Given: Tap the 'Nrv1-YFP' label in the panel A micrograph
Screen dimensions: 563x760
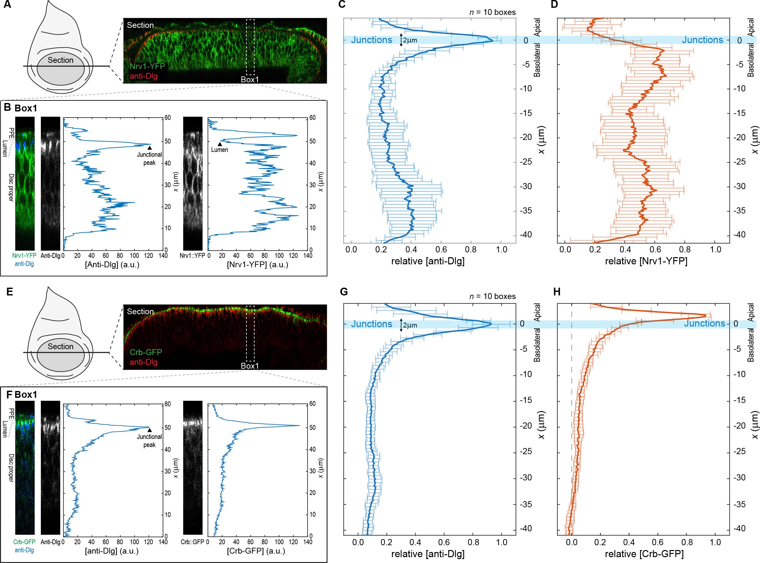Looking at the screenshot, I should pos(147,66).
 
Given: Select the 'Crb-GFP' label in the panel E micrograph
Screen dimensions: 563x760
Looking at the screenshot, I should pos(146,352).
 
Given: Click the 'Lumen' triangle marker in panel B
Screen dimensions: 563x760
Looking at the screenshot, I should pos(220,144).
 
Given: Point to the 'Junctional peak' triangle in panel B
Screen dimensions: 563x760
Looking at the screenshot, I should pos(149,148).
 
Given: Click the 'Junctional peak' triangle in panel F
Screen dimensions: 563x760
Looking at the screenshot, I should pos(149,430).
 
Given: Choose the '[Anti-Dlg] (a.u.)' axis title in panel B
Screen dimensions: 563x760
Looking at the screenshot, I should pos(112,264).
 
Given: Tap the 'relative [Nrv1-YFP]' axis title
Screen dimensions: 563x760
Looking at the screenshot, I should pos(646,261).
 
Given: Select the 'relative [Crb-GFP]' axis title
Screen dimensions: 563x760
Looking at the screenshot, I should pos(644,554).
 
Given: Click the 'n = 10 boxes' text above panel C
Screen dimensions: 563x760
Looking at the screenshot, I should pos(492,12).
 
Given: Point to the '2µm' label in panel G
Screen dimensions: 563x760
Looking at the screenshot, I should pos(410,325).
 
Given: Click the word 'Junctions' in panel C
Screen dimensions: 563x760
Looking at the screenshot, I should pos(372,40).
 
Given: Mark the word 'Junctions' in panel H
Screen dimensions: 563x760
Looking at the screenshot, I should pos(705,323).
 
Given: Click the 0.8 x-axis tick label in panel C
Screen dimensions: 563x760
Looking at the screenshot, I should pos(471,249).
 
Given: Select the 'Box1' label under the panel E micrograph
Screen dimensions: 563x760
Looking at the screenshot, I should pos(250,366).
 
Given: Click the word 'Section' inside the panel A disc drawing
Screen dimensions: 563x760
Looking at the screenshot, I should pos(60,60).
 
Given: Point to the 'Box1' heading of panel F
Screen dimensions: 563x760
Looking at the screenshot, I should pos(26,394).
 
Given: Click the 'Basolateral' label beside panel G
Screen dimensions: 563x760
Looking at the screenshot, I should pos(537,345).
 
